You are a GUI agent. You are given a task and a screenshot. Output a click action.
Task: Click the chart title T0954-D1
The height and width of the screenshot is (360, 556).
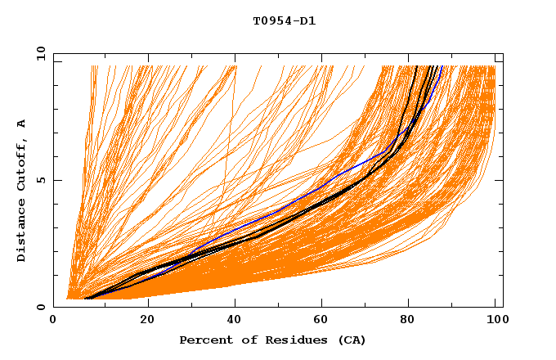pyautogui.click(x=284, y=20)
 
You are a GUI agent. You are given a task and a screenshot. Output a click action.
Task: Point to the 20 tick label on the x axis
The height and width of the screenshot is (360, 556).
pyautogui.click(x=147, y=321)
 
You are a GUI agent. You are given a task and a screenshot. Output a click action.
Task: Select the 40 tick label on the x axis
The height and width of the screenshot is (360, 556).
pyautogui.click(x=235, y=321)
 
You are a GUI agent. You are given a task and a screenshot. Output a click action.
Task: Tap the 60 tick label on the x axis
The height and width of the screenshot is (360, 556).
pyautogui.click(x=324, y=321)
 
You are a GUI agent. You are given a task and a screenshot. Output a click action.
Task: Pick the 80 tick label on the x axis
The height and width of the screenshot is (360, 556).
pyautogui.click(x=412, y=321)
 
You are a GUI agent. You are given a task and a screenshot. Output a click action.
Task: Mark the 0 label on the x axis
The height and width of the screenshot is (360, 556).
pyautogui.click(x=53, y=321)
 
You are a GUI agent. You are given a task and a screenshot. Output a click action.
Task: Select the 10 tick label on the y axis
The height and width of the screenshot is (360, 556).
pyautogui.click(x=39, y=53)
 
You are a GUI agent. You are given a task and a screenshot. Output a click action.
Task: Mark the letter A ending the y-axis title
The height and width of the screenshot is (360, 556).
pyautogui.click(x=21, y=124)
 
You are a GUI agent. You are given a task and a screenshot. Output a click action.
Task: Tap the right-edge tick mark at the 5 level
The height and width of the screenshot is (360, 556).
pyautogui.click(x=500, y=180)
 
